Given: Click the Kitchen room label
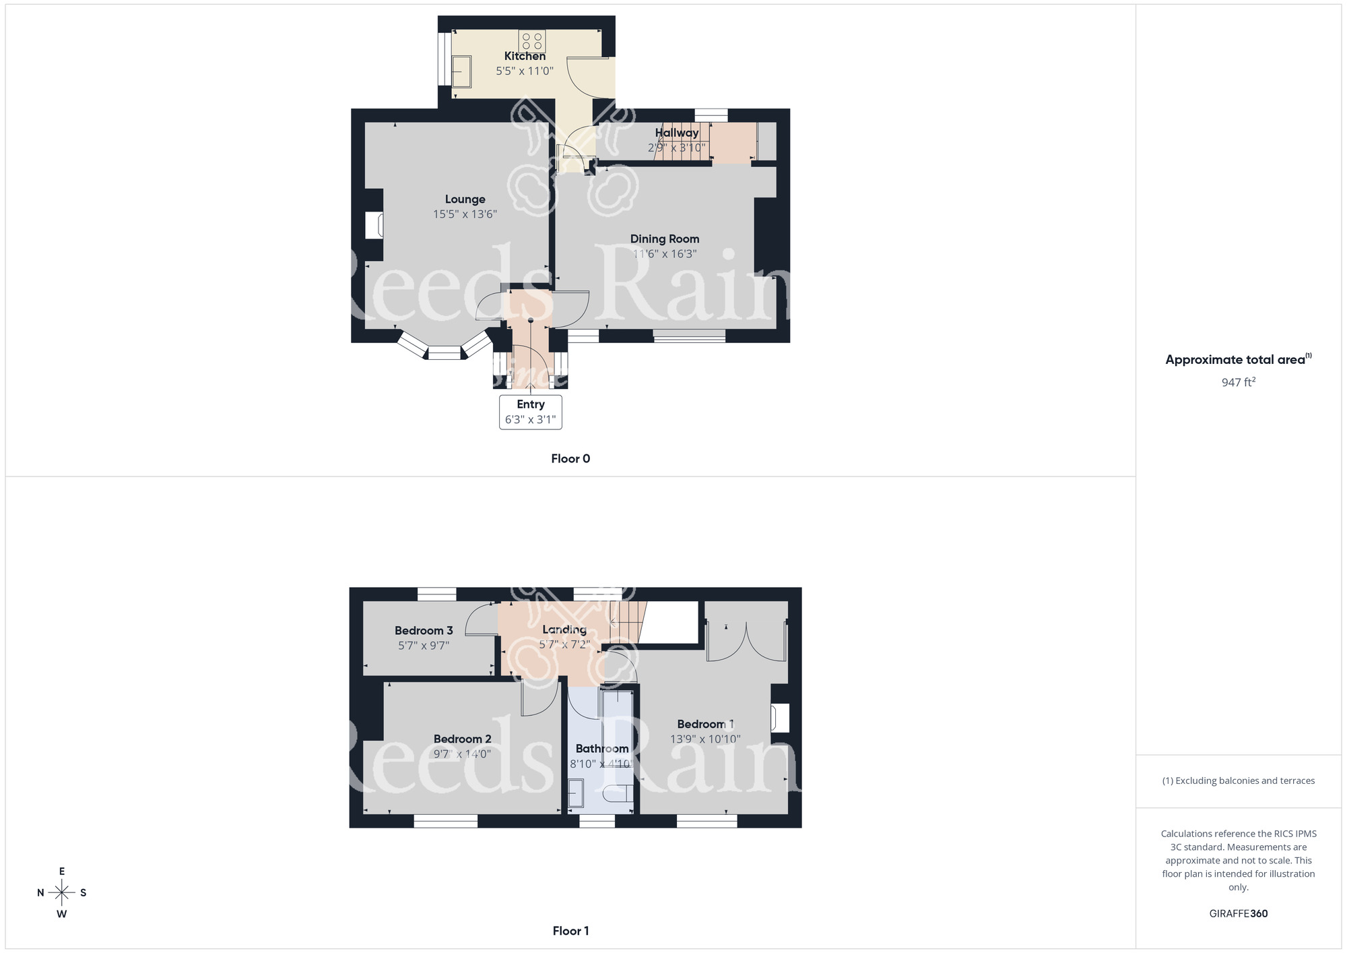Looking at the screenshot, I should tap(525, 56).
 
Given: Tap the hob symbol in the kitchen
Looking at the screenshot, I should tap(532, 41).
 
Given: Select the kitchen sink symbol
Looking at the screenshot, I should tap(461, 71).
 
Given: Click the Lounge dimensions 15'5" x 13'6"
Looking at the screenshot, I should tap(465, 214).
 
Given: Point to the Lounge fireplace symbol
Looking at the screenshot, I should tap(374, 225).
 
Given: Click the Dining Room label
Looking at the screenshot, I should tap(664, 239).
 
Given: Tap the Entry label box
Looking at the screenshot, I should tap(531, 412).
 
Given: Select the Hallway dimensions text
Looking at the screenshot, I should tap(676, 148).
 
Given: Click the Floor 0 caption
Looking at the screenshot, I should tap(570, 459).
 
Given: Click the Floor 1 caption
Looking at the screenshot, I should tap(570, 931).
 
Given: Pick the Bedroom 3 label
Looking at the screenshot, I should tap(424, 630).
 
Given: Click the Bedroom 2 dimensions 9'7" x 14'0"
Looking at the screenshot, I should tap(462, 754).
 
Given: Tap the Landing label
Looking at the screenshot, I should tap(564, 629).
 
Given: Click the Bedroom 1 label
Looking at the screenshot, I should tap(705, 724).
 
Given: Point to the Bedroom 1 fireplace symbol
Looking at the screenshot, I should tap(781, 718).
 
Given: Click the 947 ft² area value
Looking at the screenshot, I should tap(1238, 382).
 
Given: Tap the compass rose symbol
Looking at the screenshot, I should tap(62, 893).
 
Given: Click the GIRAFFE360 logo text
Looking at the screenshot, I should tap(1238, 914).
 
